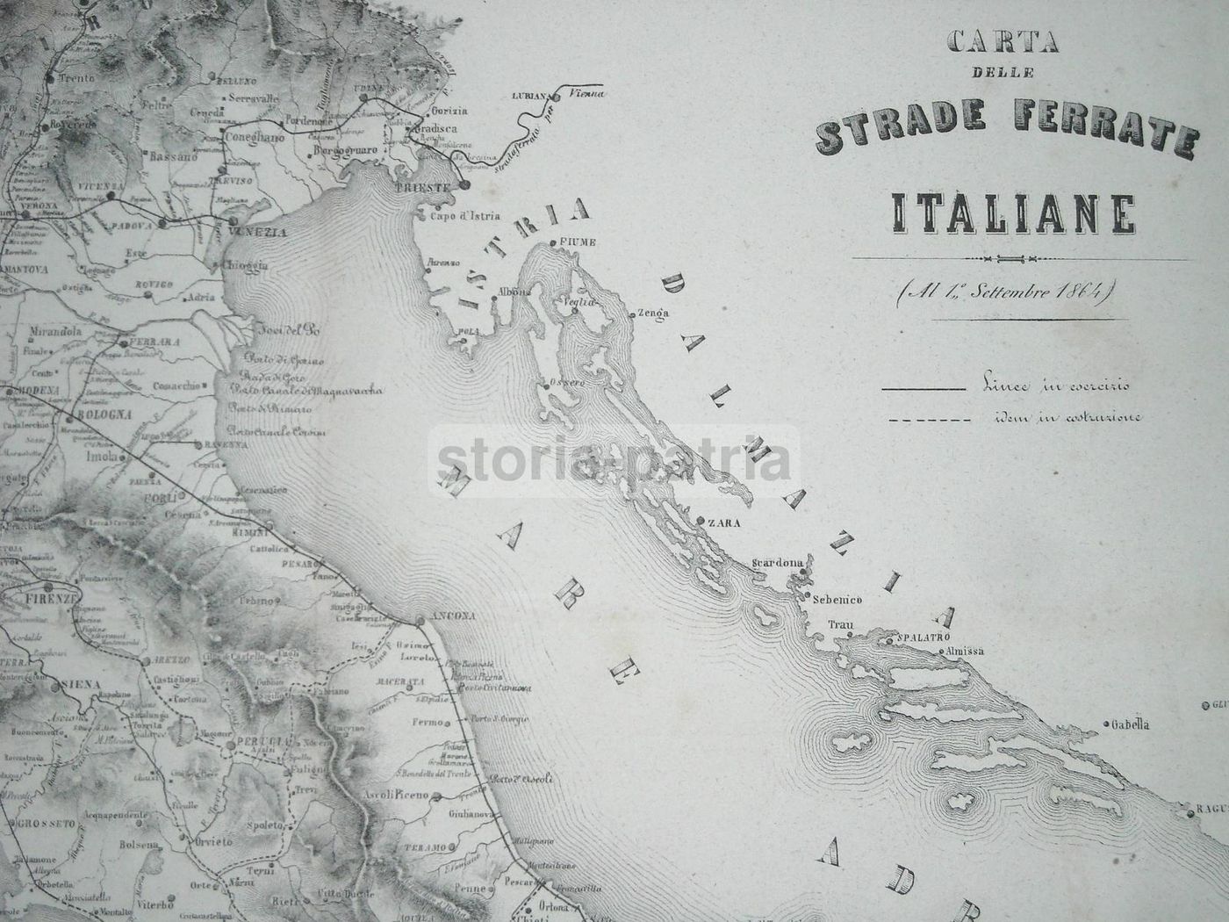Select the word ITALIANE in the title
[x=1014, y=212]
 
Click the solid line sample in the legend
[x=923, y=388]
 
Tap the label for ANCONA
[x=453, y=616]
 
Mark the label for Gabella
[x=1130, y=725]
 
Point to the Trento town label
[x=75, y=79]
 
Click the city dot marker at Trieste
[x=464, y=184]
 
